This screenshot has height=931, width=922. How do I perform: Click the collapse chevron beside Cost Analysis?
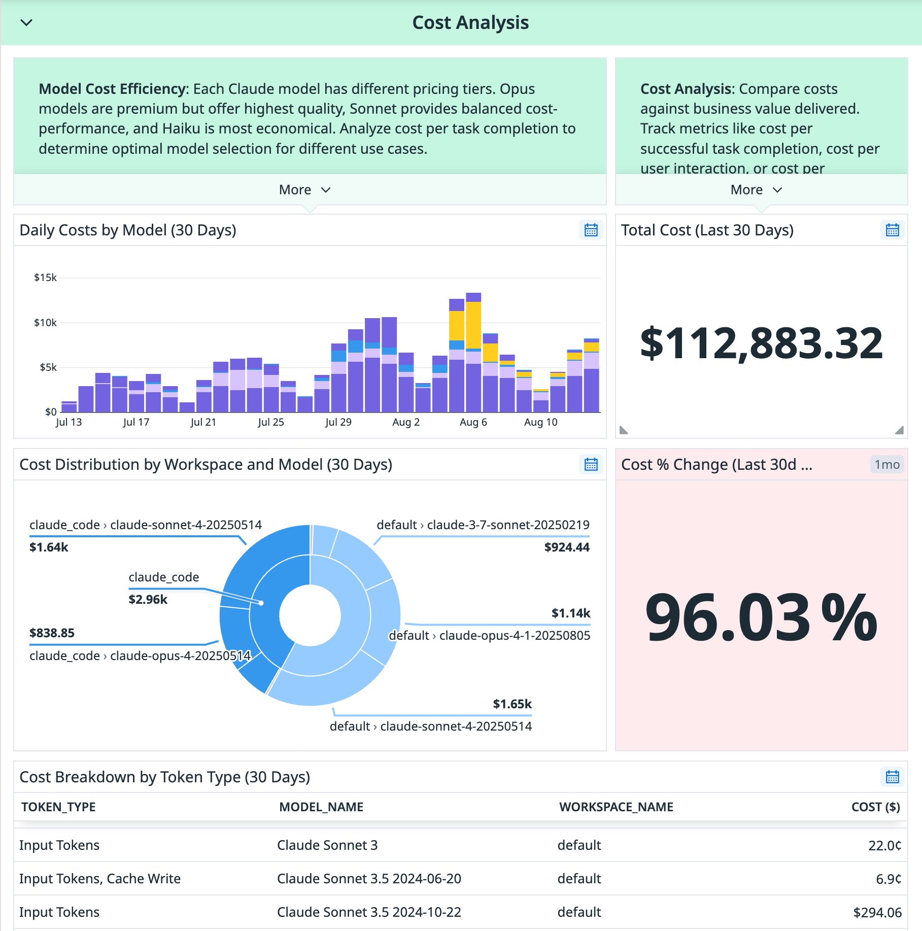point(26,23)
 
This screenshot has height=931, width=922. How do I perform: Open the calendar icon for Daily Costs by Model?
point(591,230)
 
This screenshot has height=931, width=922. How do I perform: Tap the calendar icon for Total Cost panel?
point(892,230)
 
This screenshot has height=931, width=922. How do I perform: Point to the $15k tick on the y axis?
point(45,278)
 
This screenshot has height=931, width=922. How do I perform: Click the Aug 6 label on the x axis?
point(473,422)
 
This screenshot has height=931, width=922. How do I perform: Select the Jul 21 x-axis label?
point(203,422)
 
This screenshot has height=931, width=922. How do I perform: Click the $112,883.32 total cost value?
point(761,343)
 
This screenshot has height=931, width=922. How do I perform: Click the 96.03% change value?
point(761,617)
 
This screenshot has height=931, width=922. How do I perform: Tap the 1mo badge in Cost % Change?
point(886,465)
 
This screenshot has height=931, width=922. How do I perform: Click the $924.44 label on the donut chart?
point(566,547)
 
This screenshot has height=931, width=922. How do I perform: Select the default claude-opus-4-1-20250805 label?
point(489,636)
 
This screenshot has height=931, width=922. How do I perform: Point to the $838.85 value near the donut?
point(52,633)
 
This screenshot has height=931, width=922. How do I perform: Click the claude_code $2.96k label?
point(163,589)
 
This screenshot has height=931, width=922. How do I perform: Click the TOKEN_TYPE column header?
point(58,807)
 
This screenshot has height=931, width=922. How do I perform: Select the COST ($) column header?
point(875,807)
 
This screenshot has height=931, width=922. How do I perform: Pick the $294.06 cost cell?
point(877,913)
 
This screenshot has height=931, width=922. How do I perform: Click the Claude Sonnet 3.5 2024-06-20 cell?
point(369,879)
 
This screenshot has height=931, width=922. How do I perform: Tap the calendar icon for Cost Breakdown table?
point(892,777)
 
